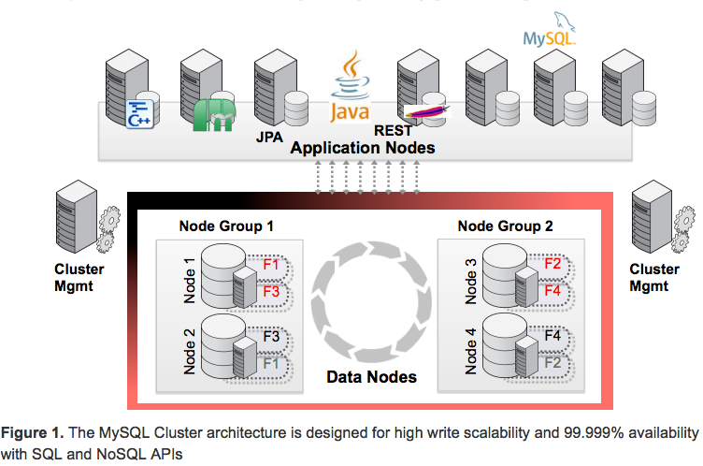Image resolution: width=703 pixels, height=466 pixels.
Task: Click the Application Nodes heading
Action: pyautogui.click(x=362, y=148)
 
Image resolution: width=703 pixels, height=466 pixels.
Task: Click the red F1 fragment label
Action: pyautogui.click(x=271, y=264)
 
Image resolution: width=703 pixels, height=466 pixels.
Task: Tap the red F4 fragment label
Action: pyautogui.click(x=552, y=290)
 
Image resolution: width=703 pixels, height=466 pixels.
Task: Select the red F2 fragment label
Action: pyautogui.click(x=552, y=264)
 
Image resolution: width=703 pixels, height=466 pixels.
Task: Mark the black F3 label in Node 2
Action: pyautogui.click(x=271, y=335)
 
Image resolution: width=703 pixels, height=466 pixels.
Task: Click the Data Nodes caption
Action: pyautogui.click(x=371, y=378)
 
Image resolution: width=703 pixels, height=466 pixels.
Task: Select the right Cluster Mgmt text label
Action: pyautogui.click(x=650, y=278)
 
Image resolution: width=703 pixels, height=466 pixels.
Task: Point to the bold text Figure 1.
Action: pyautogui.click(x=35, y=432)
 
